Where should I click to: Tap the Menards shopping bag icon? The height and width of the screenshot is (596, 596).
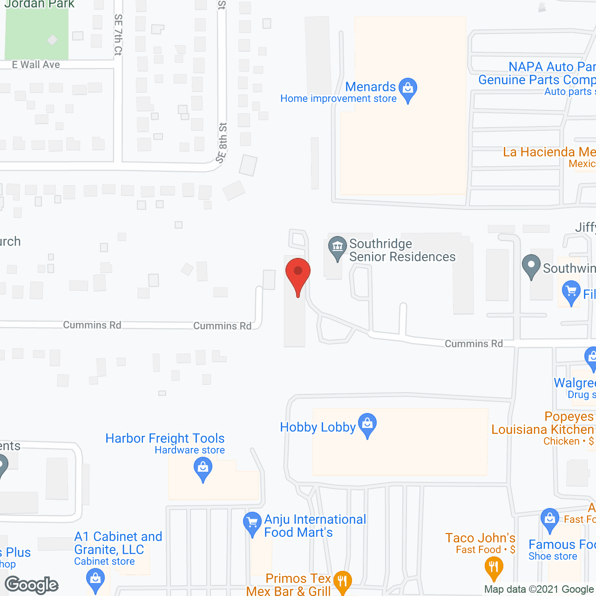[x=408, y=88]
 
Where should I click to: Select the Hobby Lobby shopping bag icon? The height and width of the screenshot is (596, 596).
[x=367, y=424]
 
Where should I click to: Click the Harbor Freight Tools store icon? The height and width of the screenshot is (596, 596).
[x=203, y=467]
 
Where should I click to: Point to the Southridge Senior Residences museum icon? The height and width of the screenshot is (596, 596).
[x=337, y=247]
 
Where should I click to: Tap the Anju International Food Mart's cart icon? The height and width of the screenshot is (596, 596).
[x=252, y=522]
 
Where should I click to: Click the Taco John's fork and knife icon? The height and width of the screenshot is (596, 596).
[x=494, y=567]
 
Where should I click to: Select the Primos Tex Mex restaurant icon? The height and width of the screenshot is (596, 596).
[x=343, y=581]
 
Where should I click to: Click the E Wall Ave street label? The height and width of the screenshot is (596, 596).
[x=36, y=65]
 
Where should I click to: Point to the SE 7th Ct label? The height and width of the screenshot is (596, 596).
[x=118, y=35]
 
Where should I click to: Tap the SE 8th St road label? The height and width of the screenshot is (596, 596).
[x=222, y=142]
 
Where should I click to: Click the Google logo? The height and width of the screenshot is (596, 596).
[x=32, y=585]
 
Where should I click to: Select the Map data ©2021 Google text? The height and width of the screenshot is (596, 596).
[x=539, y=589]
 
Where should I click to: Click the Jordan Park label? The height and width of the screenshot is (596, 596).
[x=40, y=4]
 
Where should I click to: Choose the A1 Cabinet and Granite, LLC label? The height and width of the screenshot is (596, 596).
[x=118, y=543]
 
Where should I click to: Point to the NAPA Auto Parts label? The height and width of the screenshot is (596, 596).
[x=552, y=67]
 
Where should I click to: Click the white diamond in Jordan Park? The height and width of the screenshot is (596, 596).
[x=52, y=40]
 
